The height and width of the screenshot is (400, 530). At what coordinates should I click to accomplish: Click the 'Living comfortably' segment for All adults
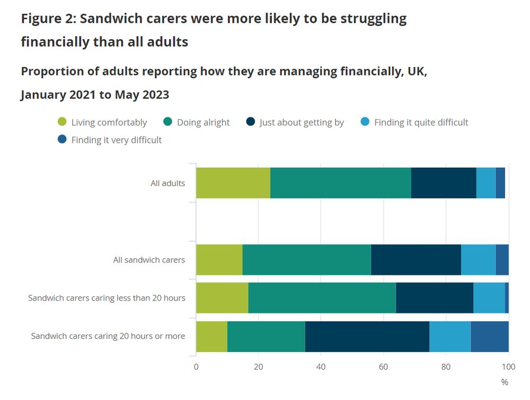coord(233,183)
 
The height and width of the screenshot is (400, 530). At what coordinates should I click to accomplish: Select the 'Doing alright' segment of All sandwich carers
coord(306,260)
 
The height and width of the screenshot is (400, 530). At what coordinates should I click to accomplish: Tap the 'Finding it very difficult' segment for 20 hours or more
coord(490,337)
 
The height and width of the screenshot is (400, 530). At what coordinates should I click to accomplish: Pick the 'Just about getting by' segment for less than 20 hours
coord(434,298)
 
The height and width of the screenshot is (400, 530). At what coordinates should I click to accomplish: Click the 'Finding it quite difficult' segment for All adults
coord(486,183)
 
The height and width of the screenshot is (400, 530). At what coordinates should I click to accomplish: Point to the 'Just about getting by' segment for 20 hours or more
coord(367,337)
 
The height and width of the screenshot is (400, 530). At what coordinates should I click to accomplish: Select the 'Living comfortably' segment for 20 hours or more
coord(211,337)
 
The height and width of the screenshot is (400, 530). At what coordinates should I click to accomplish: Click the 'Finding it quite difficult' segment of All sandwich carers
coord(478,260)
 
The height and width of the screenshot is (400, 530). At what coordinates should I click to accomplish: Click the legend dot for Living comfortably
coord(63,122)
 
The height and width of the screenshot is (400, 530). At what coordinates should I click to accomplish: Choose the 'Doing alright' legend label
coord(203,122)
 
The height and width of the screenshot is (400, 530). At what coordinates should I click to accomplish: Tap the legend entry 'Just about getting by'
coord(302,122)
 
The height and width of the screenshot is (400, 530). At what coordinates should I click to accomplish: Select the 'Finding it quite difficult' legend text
coord(421,122)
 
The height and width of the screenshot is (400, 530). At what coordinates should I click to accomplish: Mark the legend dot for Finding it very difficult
coord(63,140)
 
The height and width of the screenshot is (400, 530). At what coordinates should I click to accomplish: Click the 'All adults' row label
coord(167,184)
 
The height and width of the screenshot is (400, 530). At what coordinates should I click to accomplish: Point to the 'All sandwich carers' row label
coord(149,260)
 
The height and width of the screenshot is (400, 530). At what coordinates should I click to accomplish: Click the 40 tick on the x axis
coord(321,366)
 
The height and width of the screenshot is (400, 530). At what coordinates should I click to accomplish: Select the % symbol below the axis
coord(505,382)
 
